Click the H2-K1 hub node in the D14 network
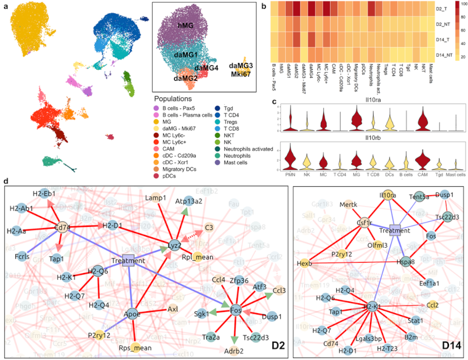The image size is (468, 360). coord(369,306)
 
